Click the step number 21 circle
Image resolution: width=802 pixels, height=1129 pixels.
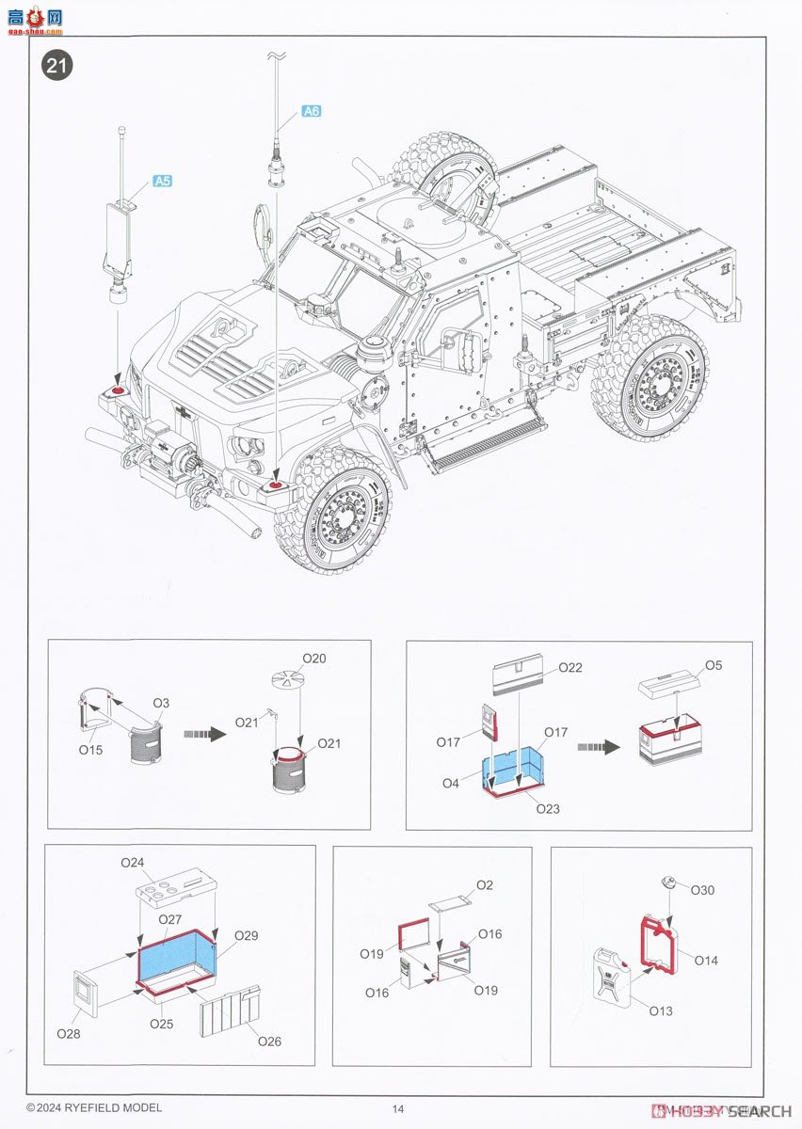(x=55, y=66)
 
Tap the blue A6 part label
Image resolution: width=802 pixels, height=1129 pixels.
(x=312, y=111)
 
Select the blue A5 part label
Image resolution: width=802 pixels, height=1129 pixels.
(x=162, y=181)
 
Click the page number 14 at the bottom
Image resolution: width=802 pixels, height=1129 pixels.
(x=398, y=1108)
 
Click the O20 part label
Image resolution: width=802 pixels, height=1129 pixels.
(x=314, y=659)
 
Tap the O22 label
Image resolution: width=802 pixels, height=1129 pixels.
(x=570, y=668)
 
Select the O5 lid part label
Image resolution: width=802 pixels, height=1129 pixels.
(x=714, y=666)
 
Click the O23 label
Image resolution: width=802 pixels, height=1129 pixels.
(x=547, y=808)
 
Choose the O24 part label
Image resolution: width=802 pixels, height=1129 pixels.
(x=133, y=863)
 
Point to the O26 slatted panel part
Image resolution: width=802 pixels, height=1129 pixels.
(x=231, y=1010)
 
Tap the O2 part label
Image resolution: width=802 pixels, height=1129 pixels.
(x=485, y=885)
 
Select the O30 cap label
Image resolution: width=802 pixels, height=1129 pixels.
(x=703, y=890)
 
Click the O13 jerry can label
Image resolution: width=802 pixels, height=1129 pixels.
(x=661, y=1010)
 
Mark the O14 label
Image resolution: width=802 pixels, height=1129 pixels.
(x=706, y=960)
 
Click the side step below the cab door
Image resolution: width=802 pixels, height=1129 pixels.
(x=482, y=443)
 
